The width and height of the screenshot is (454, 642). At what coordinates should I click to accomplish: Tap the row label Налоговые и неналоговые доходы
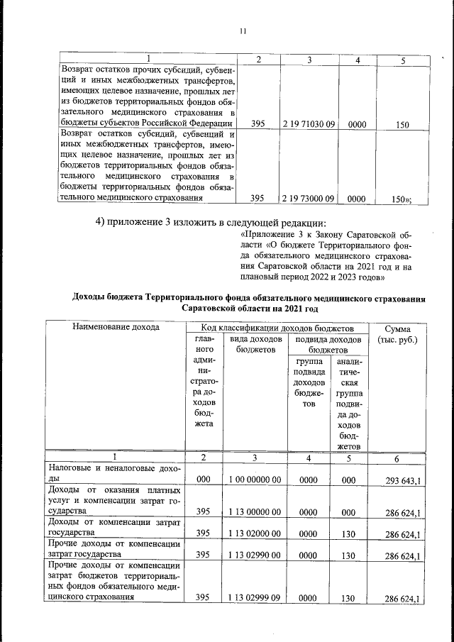pos(113,475)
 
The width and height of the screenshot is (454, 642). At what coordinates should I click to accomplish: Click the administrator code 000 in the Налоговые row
pos(204,481)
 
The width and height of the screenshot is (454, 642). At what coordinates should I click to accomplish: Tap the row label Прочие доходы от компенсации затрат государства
pos(113,550)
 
